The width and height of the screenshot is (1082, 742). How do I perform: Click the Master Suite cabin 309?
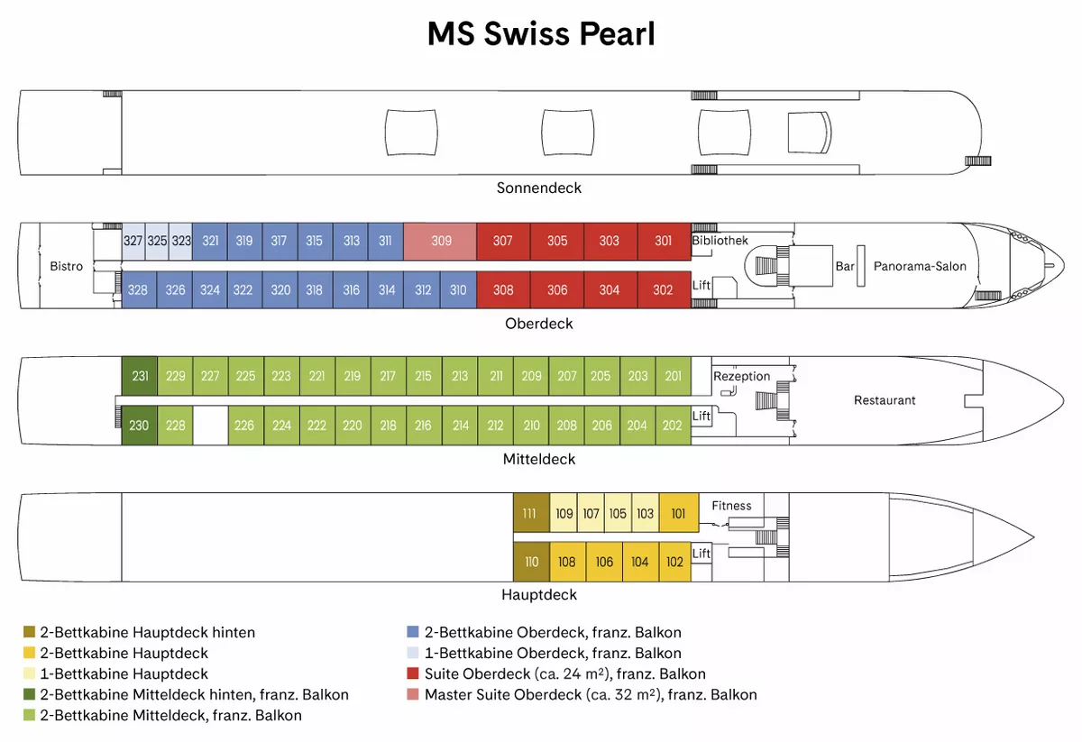pyautogui.click(x=440, y=241)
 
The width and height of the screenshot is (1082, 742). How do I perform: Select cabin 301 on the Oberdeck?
pyautogui.click(x=664, y=241)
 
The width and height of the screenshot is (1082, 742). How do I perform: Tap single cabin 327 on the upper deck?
pyautogui.click(x=133, y=241)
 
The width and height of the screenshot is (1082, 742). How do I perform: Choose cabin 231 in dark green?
pyautogui.click(x=140, y=376)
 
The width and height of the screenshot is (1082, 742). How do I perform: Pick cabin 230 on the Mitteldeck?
pyautogui.click(x=140, y=426)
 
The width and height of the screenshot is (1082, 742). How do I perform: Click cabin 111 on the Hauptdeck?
pyautogui.click(x=531, y=513)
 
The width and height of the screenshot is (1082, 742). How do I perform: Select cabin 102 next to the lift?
pyautogui.click(x=674, y=562)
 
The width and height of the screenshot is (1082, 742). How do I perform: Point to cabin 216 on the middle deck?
pyautogui.click(x=424, y=426)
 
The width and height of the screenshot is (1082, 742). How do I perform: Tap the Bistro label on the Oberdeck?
pyautogui.click(x=66, y=266)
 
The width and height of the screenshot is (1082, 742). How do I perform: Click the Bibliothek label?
pyautogui.click(x=720, y=241)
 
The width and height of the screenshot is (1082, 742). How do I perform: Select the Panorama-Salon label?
pyautogui.click(x=920, y=266)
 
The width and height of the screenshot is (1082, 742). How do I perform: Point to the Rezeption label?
pyautogui.click(x=741, y=376)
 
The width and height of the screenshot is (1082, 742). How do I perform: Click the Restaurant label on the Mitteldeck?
pyautogui.click(x=885, y=400)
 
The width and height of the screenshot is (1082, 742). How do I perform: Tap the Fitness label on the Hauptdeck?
pyautogui.click(x=731, y=506)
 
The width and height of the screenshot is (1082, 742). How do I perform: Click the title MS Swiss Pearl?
pyautogui.click(x=541, y=34)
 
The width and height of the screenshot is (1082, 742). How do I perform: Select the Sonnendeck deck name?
pyautogui.click(x=539, y=188)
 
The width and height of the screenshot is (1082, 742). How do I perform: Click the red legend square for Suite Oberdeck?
pyautogui.click(x=413, y=673)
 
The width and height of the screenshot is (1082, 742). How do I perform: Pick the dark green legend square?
pyautogui.click(x=29, y=694)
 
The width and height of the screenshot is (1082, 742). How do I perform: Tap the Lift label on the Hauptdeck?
pyautogui.click(x=701, y=554)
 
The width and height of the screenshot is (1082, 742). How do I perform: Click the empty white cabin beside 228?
pyautogui.click(x=211, y=426)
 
